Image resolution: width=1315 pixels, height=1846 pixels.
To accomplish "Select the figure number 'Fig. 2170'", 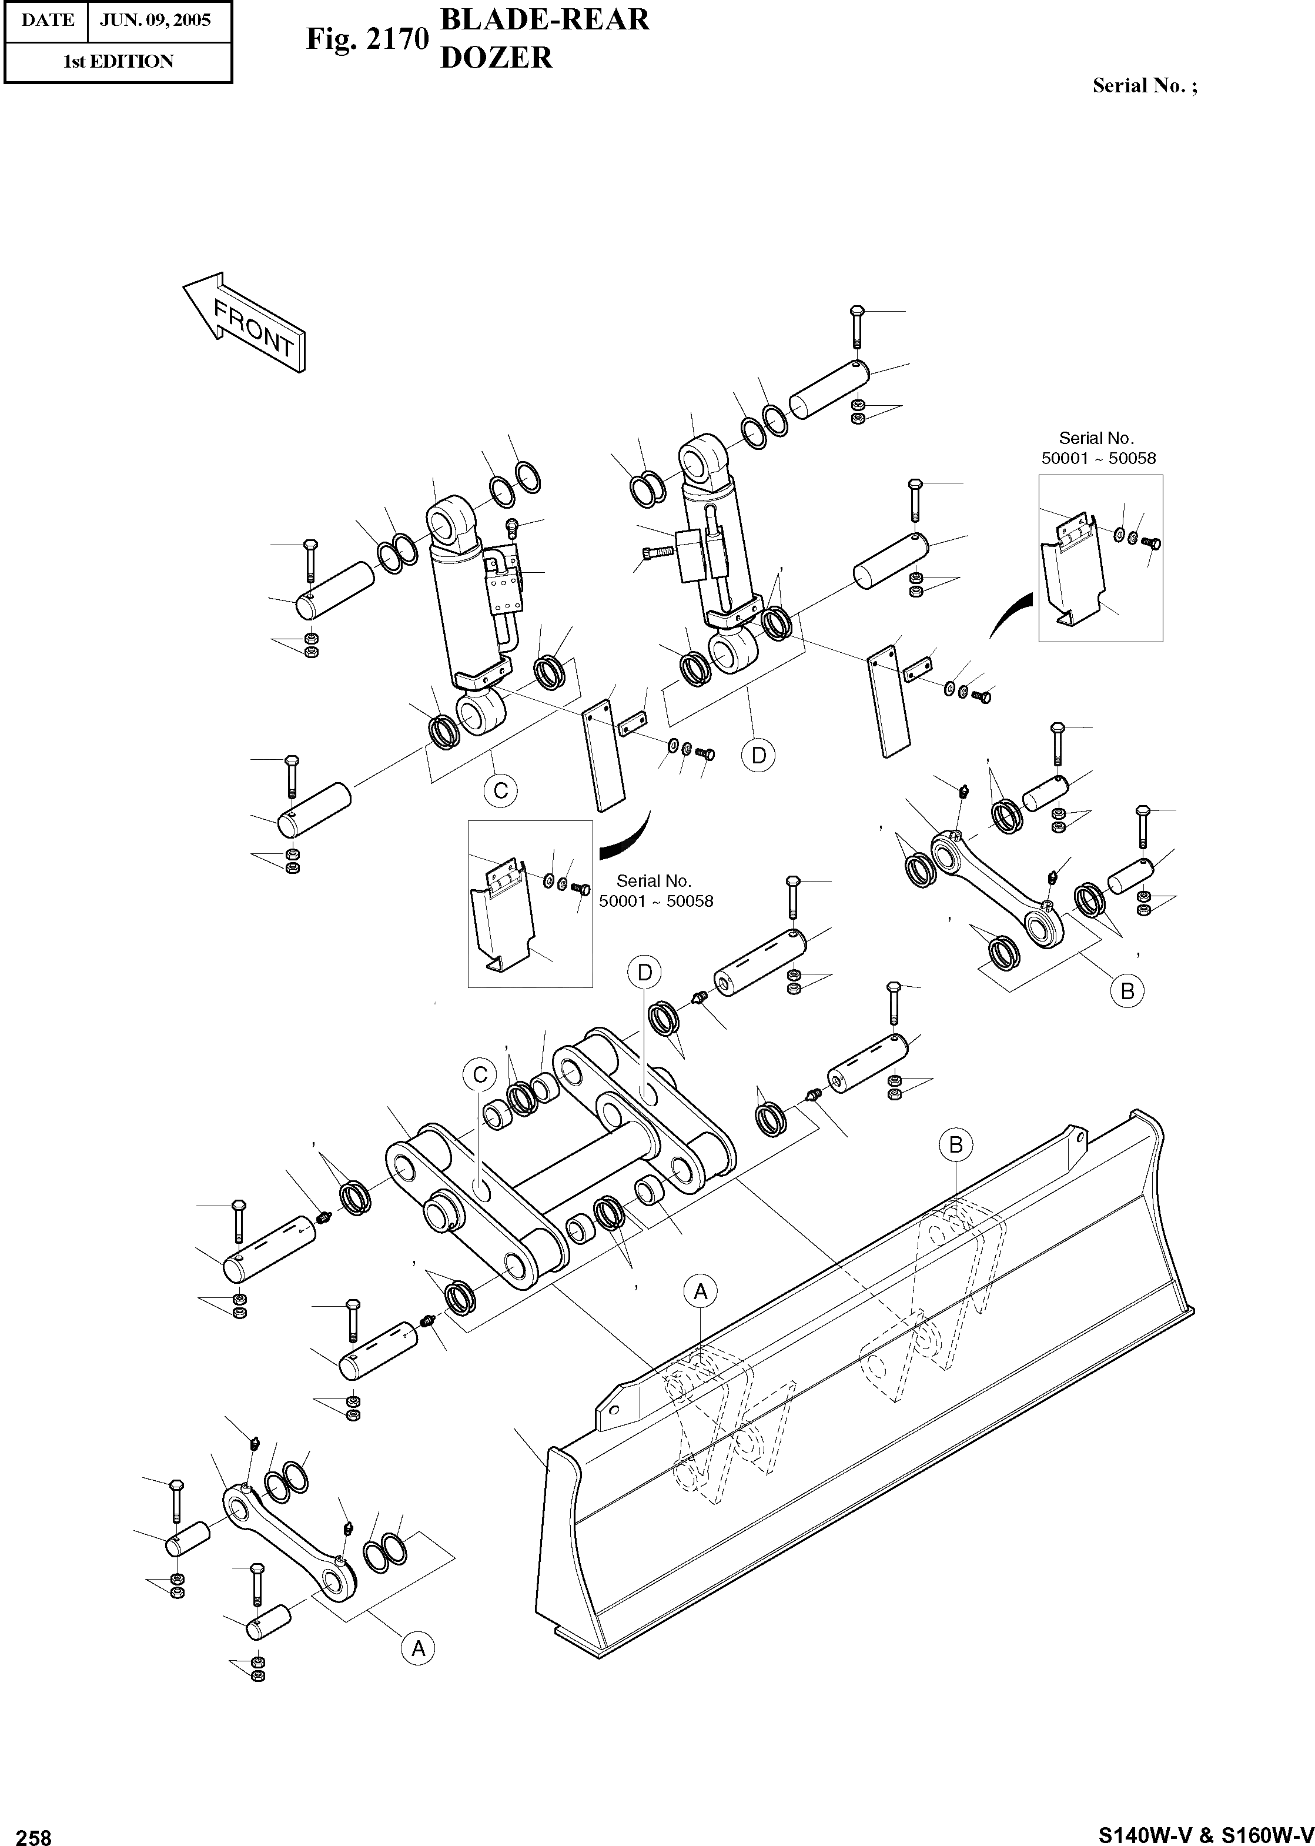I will tap(366, 38).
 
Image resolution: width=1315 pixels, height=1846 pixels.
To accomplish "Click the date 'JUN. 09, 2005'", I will tap(155, 20).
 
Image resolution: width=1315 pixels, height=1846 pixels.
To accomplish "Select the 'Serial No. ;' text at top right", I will tap(1144, 86).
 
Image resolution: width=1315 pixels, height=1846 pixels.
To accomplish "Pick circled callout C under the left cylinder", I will tap(500, 790).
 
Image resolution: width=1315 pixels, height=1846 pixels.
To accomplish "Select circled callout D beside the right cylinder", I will tap(759, 755).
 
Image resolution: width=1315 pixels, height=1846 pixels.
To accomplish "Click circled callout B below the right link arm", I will tap(1127, 990).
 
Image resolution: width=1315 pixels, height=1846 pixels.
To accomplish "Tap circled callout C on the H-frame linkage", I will tap(479, 1074).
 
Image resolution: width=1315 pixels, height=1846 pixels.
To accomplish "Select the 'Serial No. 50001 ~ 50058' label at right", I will tap(1098, 448).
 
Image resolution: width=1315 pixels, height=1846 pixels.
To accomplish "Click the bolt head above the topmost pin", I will tap(858, 312).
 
